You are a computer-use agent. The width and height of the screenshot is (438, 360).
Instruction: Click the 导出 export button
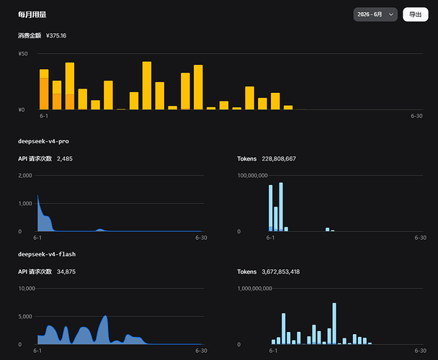416,14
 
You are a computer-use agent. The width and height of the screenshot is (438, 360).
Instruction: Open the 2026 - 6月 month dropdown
375,14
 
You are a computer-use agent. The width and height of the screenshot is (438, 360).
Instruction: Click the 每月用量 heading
32,14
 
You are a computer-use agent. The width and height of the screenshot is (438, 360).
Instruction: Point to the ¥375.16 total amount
56,35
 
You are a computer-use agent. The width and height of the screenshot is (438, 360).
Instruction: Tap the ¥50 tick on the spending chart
23,53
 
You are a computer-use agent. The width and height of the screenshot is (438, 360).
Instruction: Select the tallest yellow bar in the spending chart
147,86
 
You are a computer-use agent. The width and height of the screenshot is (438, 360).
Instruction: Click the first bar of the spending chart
44,89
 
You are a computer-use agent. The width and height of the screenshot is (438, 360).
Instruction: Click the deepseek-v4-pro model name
43,141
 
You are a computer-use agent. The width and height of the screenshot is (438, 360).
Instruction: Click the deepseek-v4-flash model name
47,254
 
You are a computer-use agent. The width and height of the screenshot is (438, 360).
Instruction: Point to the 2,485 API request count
65,158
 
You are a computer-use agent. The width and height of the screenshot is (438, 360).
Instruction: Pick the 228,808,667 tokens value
279,158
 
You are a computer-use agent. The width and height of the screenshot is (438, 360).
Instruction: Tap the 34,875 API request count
66,271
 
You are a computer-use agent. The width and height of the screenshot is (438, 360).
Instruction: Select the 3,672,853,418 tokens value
281,271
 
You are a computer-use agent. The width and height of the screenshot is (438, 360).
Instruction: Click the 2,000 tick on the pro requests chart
25,176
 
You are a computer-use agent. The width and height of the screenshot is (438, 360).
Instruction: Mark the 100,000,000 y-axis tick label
253,176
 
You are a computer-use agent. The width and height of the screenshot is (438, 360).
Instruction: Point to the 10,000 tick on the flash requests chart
27,289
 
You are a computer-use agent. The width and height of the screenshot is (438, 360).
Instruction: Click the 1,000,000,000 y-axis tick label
255,289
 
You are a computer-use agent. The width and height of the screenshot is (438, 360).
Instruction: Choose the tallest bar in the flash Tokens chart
334,323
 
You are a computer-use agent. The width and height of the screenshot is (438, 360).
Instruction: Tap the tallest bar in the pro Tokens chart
281,207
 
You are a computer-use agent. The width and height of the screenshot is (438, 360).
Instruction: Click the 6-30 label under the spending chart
416,116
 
